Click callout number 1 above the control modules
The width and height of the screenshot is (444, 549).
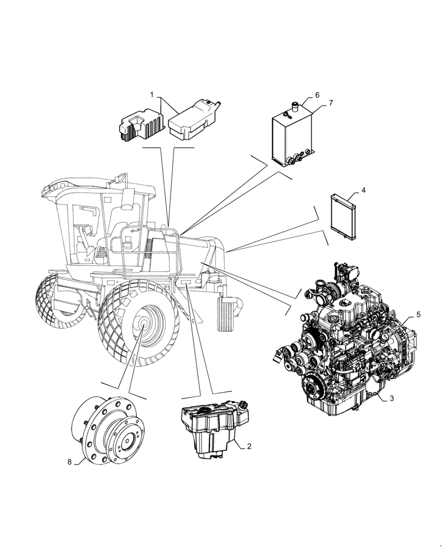pos(152,95)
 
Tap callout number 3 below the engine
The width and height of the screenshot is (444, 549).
pos(391,399)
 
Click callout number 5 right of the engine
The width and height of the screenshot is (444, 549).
pos(418,315)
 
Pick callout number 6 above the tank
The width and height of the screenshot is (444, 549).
pos(317,95)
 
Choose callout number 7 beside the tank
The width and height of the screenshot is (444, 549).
pos(330,103)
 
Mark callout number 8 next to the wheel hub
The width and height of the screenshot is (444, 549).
pos(70,462)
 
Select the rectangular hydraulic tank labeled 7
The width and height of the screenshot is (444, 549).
pos(294,137)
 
